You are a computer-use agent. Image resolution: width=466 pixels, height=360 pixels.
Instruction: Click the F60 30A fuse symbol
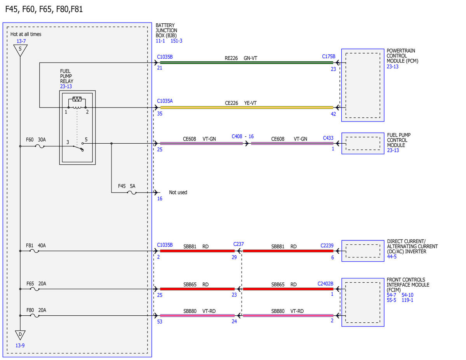(40, 146)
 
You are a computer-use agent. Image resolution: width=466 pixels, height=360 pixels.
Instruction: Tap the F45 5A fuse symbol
(132, 193)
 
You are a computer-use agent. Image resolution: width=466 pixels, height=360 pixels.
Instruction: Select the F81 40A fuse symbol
(34, 251)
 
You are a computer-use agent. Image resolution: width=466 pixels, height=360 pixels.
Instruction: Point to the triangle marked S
(20, 50)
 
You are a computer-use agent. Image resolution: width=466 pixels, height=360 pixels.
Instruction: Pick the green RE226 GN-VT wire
(247, 63)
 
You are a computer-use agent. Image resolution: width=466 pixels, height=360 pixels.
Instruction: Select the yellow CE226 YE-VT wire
(247, 108)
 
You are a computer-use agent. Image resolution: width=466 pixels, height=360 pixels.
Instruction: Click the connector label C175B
(329, 56)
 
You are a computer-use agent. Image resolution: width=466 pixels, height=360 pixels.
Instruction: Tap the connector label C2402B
(325, 283)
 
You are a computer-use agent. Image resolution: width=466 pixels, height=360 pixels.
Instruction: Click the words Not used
(178, 192)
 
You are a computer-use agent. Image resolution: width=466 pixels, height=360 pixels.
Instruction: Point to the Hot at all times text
(26, 34)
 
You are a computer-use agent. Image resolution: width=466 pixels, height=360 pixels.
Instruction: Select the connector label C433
(328, 138)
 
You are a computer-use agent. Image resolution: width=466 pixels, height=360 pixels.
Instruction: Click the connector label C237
(238, 244)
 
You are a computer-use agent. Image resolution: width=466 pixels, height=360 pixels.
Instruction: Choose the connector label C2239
(327, 245)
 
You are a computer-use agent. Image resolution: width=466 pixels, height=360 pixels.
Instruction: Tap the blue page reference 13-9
(20, 345)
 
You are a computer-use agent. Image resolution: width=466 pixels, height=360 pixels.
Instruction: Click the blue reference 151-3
(176, 41)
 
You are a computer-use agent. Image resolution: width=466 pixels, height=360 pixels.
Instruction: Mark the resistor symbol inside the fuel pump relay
(77, 99)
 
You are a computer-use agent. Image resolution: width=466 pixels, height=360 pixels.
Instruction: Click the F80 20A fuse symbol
(35, 316)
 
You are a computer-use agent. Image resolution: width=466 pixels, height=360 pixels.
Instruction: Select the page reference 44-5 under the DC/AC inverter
(392, 257)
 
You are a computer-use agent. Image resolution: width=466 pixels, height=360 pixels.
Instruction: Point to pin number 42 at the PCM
(333, 114)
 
